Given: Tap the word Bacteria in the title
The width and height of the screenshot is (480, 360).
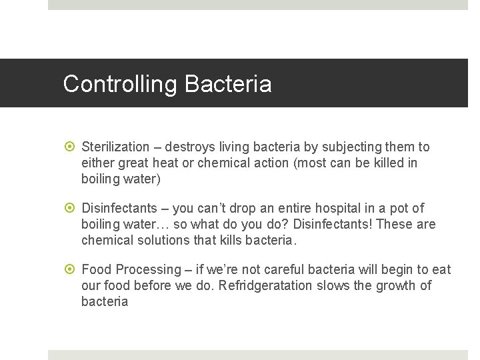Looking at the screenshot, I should (228, 85).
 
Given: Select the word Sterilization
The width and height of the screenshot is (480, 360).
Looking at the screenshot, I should (115, 147).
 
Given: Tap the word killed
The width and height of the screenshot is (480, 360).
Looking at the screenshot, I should (383, 163).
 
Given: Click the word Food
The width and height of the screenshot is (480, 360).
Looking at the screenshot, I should (97, 270).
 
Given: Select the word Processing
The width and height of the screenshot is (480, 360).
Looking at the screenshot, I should (149, 270).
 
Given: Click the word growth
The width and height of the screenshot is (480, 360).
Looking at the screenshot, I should (394, 286).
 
